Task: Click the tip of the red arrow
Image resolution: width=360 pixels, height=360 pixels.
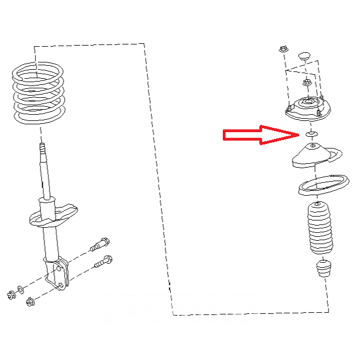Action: click(x=299, y=134)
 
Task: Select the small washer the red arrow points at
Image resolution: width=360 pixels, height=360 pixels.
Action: click(x=309, y=134)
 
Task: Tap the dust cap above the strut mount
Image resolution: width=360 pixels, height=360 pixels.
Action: click(x=304, y=56)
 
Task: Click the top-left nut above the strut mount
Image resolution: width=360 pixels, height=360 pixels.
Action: click(x=283, y=49)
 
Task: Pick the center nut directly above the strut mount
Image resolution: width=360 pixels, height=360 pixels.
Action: click(x=307, y=83)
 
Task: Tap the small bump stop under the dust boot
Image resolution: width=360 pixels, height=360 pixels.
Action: click(x=323, y=269)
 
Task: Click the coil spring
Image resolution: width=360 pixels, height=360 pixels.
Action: click(x=38, y=92)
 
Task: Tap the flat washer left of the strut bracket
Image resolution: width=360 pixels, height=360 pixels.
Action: click(x=21, y=289)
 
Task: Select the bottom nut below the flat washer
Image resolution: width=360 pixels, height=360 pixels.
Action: click(x=29, y=302)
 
